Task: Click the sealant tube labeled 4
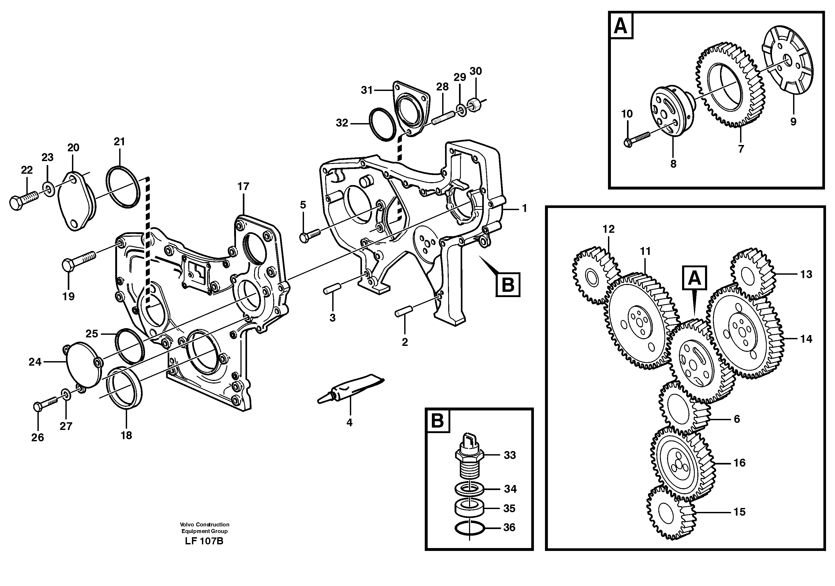[349, 389]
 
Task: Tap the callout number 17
[243, 186]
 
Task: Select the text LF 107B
[204, 541]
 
